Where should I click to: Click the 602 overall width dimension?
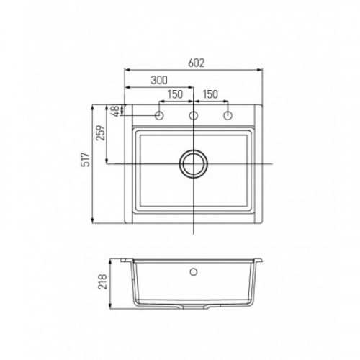pyautogui.click(x=197, y=63)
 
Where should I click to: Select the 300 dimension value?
pyautogui.click(x=159, y=80)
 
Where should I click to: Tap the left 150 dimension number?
pyautogui.click(x=175, y=94)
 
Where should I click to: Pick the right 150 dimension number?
pyautogui.click(x=210, y=94)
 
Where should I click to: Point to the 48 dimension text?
pyautogui.click(x=116, y=111)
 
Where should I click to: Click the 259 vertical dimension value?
pyautogui.click(x=100, y=133)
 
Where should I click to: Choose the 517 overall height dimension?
pyautogui.click(x=86, y=159)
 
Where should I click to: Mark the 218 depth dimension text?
pyautogui.click(x=102, y=282)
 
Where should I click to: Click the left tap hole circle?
pyautogui.click(x=159, y=116)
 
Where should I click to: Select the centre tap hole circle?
pyautogui.click(x=194, y=116)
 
